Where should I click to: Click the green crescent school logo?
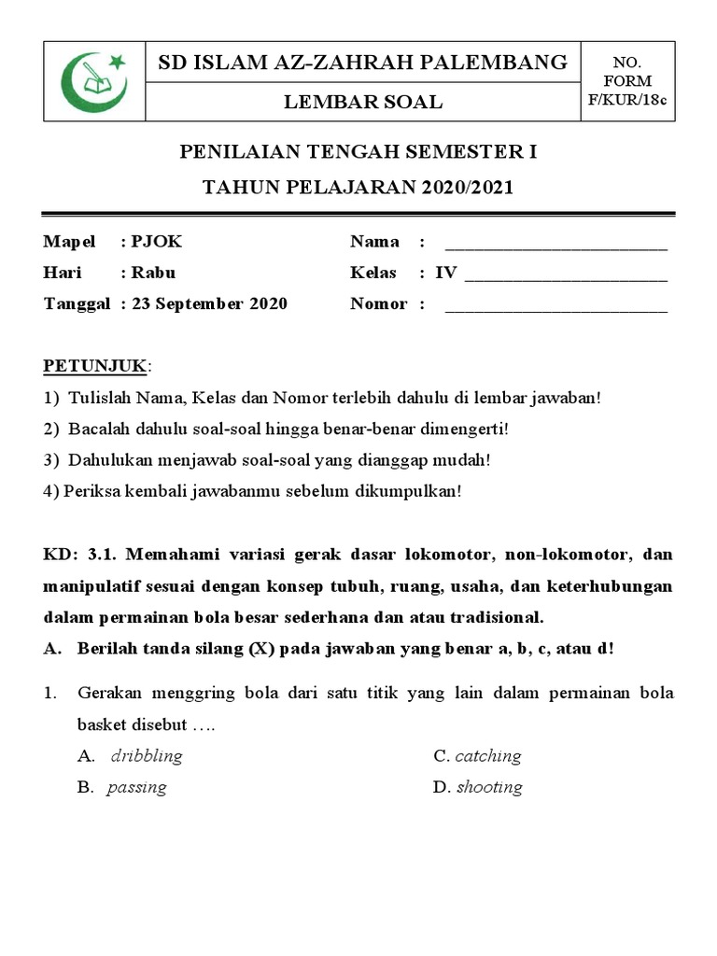tap(94, 81)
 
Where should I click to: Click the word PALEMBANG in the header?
tap(505, 63)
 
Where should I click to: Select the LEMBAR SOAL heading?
tap(363, 103)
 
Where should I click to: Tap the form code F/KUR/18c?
tap(626, 100)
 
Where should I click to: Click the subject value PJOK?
tap(157, 242)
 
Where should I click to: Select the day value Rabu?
tap(153, 273)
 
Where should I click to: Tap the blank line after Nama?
tap(556, 246)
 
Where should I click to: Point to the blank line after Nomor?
tap(556, 308)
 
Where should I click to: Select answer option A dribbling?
tap(146, 755)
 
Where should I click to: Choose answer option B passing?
tap(137, 787)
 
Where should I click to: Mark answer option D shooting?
tap(489, 787)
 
